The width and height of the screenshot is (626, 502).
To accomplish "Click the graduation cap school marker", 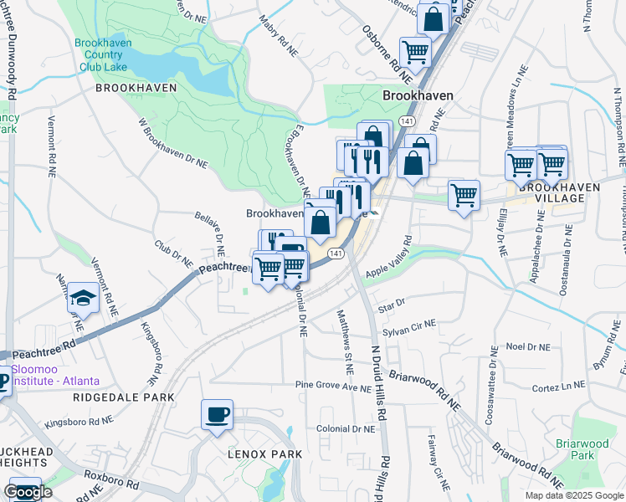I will tap(83, 298).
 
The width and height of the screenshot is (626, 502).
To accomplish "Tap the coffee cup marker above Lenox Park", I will tap(217, 415).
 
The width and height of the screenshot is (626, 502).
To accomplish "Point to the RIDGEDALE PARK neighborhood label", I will tap(123, 397).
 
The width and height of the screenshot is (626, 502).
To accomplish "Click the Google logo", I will tap(28, 492).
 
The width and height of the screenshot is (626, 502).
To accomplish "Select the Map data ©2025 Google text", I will tap(574, 495).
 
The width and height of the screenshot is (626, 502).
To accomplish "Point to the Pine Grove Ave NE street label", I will tap(332, 387).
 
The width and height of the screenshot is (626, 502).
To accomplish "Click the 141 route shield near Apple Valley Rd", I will tap(336, 253).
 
